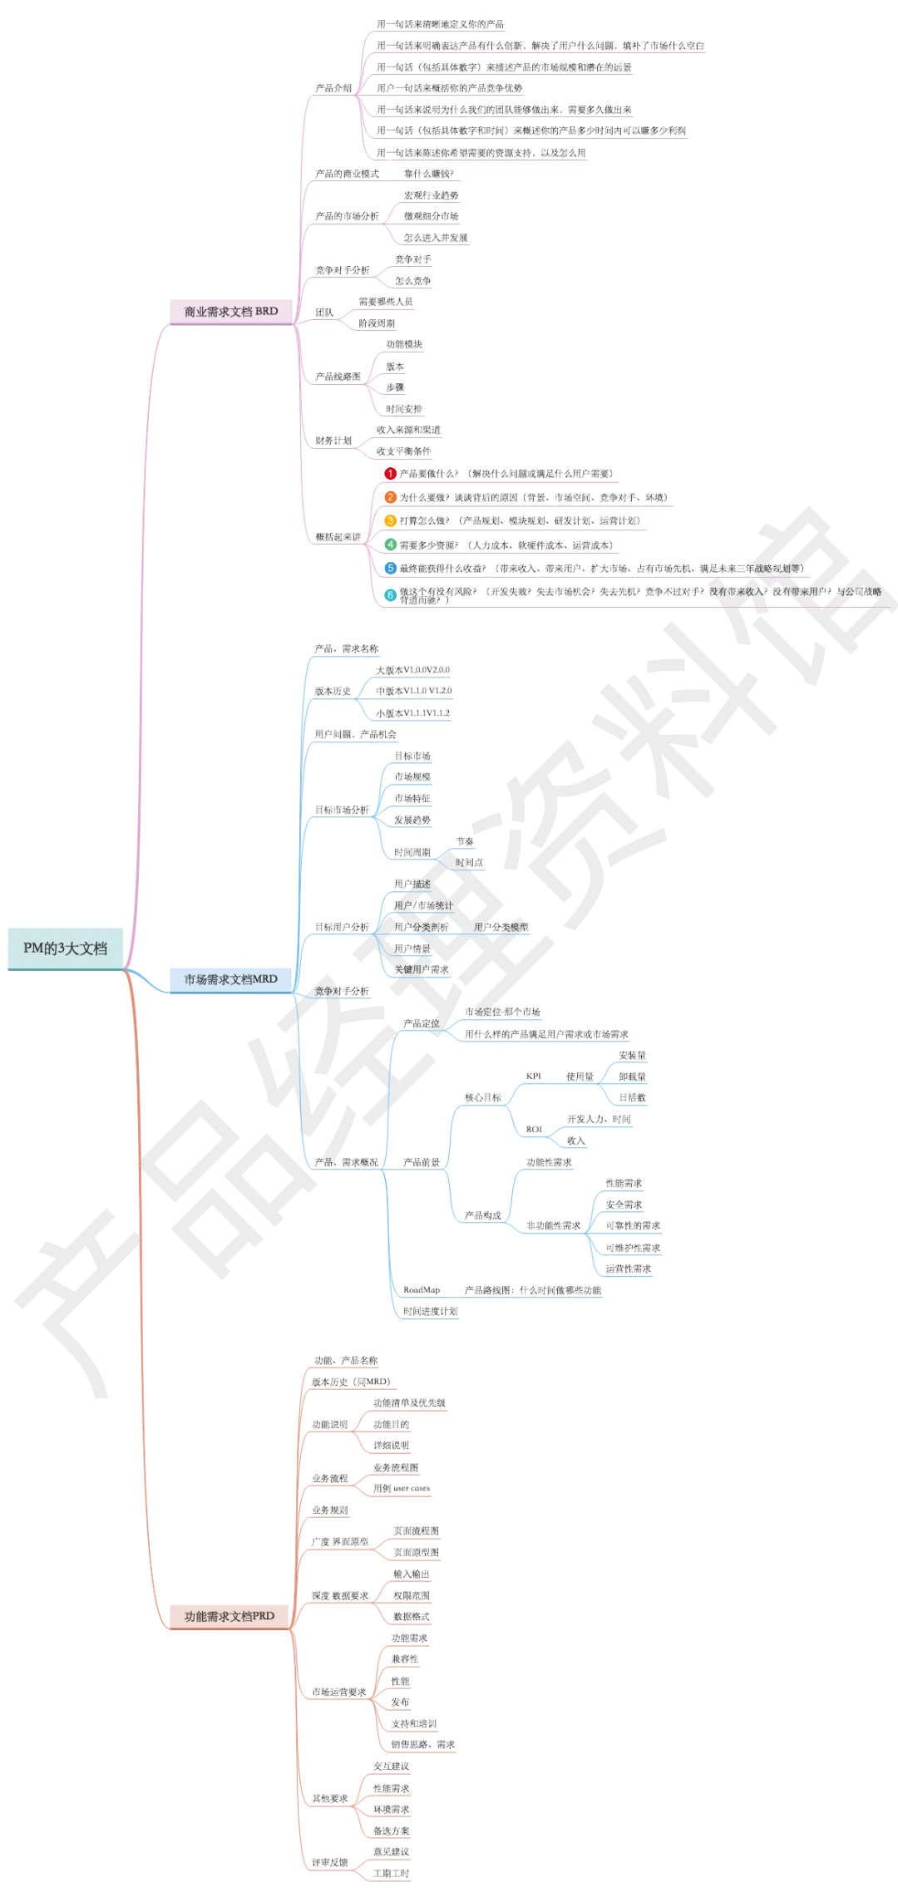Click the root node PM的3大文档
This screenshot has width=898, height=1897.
point(65,948)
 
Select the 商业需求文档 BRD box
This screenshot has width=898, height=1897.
point(231,311)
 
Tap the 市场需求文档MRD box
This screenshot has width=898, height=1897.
point(230,978)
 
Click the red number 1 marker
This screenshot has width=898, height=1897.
point(390,473)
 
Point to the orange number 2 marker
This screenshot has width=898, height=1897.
point(390,497)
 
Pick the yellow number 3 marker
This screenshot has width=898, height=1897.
point(390,520)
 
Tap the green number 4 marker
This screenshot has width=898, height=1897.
point(390,544)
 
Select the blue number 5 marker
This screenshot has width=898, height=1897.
point(390,568)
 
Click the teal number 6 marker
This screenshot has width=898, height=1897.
point(390,594)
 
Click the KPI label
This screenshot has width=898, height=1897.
point(535,1076)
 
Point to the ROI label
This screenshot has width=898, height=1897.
point(535,1130)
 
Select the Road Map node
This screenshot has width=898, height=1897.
point(421,1289)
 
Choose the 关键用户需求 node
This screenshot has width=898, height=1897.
point(421,969)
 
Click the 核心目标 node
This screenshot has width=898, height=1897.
point(482,1098)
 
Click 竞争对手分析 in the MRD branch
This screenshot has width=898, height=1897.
point(342,991)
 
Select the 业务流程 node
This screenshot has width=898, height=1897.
point(329,1478)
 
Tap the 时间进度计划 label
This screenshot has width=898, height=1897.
point(429,1311)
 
